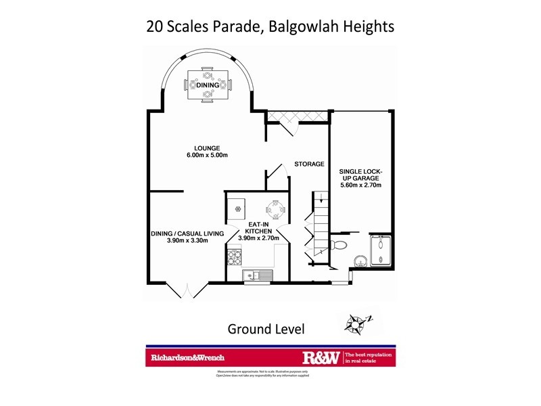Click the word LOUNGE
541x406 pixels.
click(x=206, y=148)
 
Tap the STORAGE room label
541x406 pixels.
click(x=309, y=164)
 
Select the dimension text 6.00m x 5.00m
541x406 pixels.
click(x=206, y=156)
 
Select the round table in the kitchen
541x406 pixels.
click(x=276, y=208)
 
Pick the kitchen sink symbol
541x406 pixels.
click(x=258, y=275)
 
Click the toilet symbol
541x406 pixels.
click(x=339, y=244)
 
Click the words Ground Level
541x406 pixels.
click(x=266, y=330)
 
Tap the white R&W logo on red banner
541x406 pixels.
click(x=321, y=357)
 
